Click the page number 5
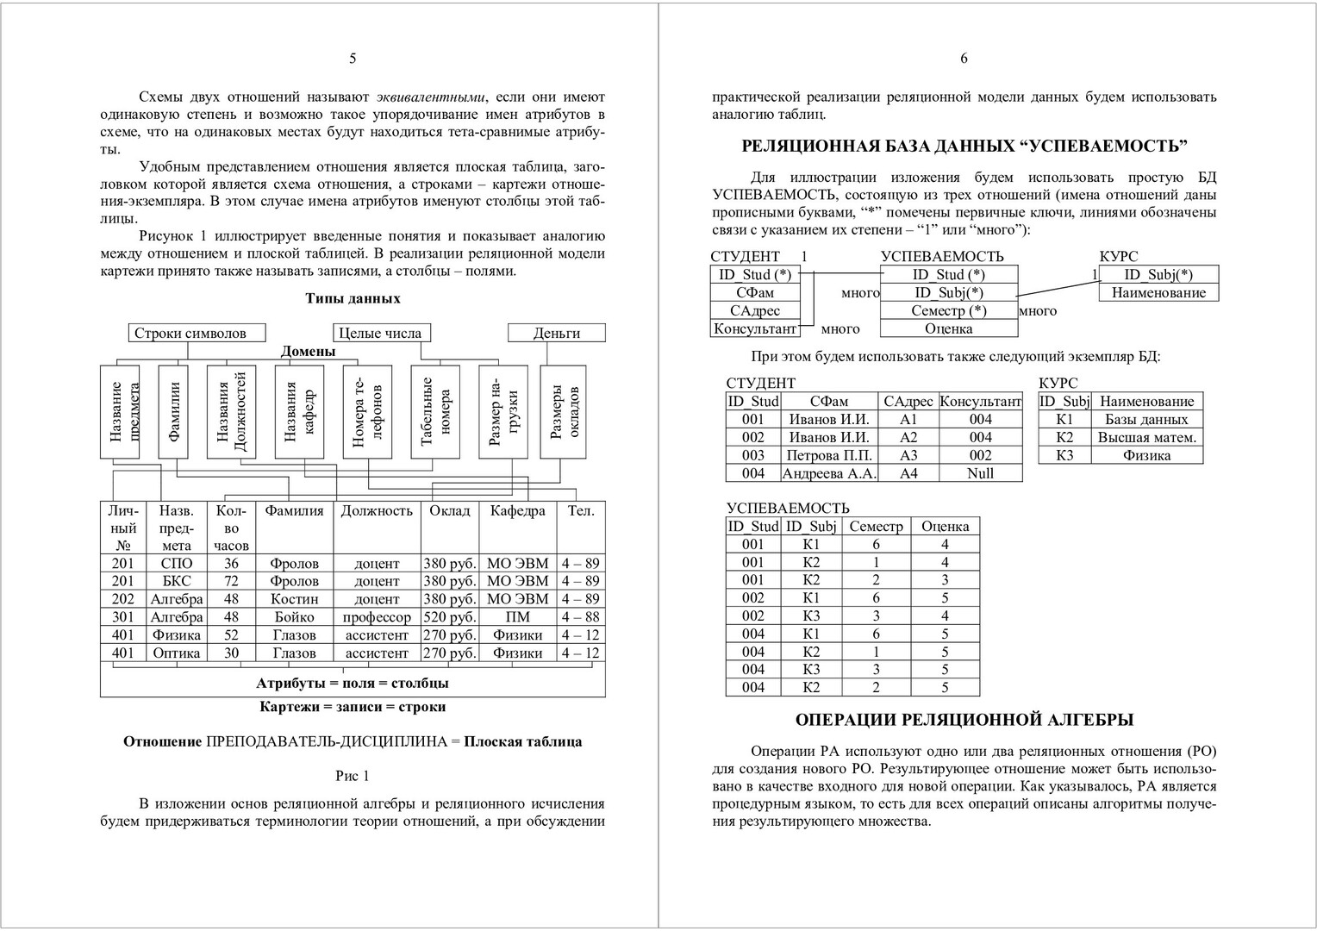(353, 59)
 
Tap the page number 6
(964, 59)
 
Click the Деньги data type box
(557, 333)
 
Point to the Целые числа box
(381, 333)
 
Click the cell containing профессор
(377, 617)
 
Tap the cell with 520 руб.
(450, 617)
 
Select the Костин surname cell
(294, 599)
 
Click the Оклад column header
(450, 510)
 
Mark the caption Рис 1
(353, 776)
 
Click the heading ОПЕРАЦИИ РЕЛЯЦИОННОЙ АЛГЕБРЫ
(964, 720)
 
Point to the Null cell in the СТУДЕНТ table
(980, 473)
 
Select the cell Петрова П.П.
(829, 455)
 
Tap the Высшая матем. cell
(1146, 437)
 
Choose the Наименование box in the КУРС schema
(1158, 293)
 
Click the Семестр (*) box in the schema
(948, 311)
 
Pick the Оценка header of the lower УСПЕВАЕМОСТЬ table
(945, 526)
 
